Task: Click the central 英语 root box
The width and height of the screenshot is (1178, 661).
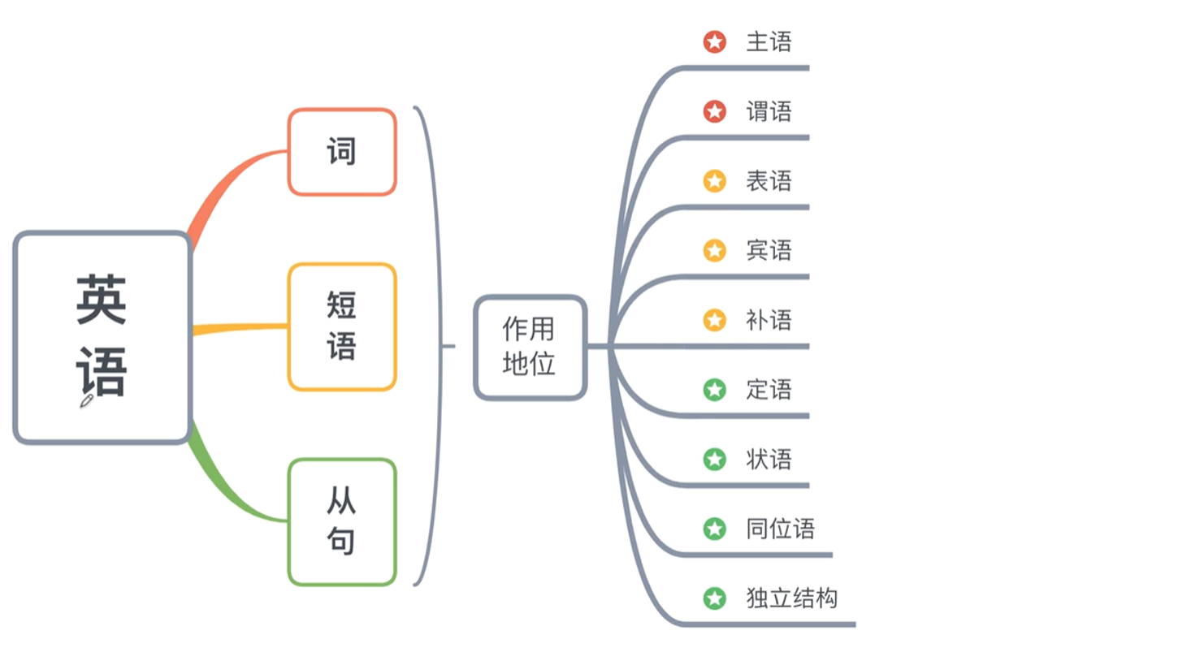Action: click(x=102, y=337)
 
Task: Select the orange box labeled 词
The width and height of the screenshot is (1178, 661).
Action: click(x=342, y=152)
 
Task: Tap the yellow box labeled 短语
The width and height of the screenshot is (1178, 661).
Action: click(x=342, y=326)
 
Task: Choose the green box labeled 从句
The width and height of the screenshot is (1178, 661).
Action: click(x=342, y=521)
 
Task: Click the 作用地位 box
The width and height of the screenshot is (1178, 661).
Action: click(x=530, y=348)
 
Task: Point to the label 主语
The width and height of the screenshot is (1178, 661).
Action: click(x=769, y=42)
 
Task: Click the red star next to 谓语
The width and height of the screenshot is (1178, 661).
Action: click(x=715, y=111)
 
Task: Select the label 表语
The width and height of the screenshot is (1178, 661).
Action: click(x=769, y=181)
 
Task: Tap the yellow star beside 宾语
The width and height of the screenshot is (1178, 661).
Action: click(x=715, y=250)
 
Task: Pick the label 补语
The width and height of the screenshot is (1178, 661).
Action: click(x=769, y=320)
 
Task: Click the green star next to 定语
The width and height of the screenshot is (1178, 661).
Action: click(x=715, y=390)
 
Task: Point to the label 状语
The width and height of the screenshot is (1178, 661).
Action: click(x=769, y=460)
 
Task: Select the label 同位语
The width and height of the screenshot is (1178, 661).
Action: click(x=780, y=529)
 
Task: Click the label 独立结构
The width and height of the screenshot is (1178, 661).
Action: click(x=791, y=598)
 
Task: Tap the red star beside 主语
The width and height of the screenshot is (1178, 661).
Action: click(x=715, y=42)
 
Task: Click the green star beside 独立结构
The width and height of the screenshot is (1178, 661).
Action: click(x=715, y=598)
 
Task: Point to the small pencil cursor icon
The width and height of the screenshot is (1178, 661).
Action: click(x=86, y=400)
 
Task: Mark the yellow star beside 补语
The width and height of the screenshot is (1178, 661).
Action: click(x=715, y=320)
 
